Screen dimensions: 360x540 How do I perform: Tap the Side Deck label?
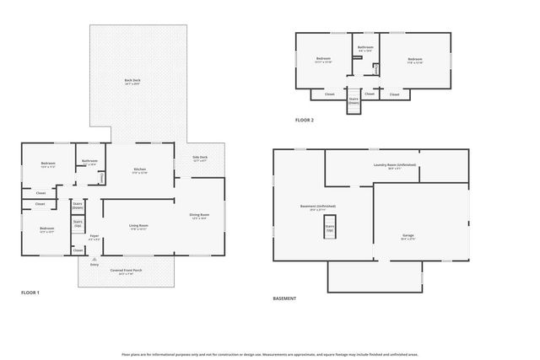(x=200, y=158)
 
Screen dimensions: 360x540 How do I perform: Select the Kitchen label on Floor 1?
(x=140, y=169)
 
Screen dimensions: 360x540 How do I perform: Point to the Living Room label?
(x=138, y=225)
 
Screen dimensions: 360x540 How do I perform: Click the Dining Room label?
(x=199, y=215)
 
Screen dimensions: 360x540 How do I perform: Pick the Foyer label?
(x=94, y=236)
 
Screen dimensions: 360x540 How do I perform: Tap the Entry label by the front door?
(x=94, y=265)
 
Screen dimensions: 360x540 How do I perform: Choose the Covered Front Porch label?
(x=127, y=271)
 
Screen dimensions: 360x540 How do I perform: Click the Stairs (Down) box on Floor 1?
(x=78, y=206)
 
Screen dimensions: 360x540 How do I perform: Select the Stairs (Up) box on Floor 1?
(x=78, y=225)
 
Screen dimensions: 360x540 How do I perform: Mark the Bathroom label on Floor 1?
(x=90, y=161)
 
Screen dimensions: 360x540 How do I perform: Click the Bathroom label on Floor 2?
(x=365, y=48)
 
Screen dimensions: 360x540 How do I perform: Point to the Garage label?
(x=419, y=235)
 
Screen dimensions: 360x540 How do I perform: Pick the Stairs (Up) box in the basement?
(x=330, y=228)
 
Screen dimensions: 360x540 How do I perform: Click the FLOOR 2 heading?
(x=305, y=121)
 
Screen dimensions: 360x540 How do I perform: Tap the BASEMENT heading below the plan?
(x=284, y=298)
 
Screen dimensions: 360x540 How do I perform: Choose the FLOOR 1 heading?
(x=30, y=293)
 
